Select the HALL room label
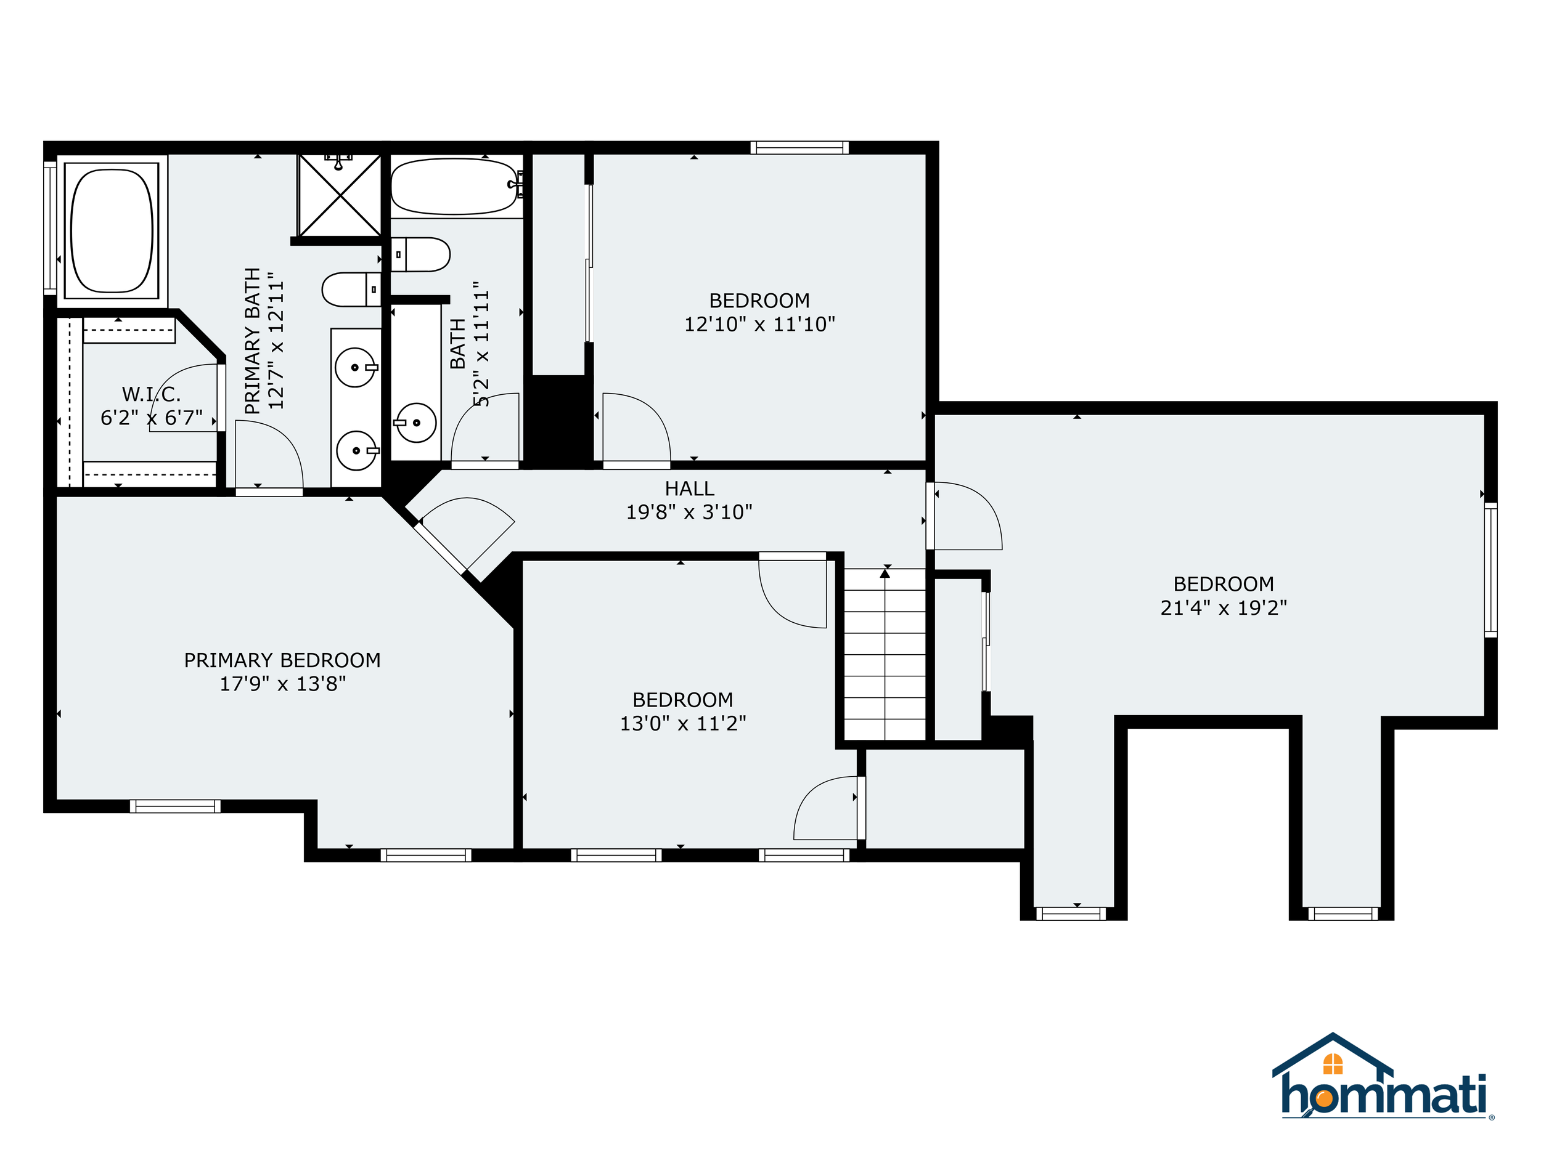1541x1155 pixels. coord(690,488)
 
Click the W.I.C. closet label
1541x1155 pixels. coord(151,395)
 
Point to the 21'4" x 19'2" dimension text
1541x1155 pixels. coord(1224,608)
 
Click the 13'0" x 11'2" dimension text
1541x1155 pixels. coord(683,723)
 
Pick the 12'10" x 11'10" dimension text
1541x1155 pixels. coord(759,324)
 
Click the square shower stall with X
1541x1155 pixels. coord(340,196)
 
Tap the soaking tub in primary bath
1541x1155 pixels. coord(112,230)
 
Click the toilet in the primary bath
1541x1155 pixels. coord(352,290)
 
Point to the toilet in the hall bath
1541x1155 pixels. coord(420,255)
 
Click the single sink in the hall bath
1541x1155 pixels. coord(416,423)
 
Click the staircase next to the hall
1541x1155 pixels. coord(885,654)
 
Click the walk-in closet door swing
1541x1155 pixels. coord(186,397)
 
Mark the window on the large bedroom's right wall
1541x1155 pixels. coord(1491,570)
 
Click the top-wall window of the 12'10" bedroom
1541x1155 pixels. coord(799,147)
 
